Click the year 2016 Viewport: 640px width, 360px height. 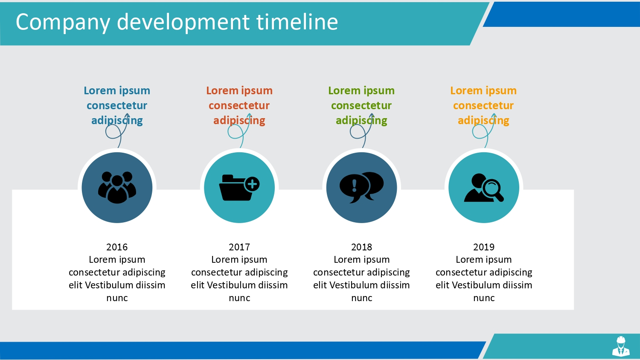click(x=117, y=247)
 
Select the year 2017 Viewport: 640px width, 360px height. click(x=239, y=247)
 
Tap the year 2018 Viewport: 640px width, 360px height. click(x=362, y=247)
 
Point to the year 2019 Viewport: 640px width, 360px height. click(x=484, y=247)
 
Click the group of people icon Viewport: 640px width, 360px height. click(x=117, y=187)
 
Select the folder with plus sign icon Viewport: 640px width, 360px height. click(x=239, y=187)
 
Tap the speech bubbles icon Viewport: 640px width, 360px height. click(x=362, y=187)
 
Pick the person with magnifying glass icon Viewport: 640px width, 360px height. click(x=484, y=188)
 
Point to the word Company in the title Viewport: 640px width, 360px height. click(x=63, y=23)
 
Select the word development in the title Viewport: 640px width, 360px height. click(x=183, y=23)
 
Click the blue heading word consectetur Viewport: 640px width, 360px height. click(x=117, y=106)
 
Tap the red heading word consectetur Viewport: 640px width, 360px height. click(x=239, y=106)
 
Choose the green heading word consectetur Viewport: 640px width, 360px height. click(x=361, y=106)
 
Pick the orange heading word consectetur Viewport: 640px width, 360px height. click(x=483, y=106)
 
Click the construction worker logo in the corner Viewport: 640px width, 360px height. click(x=621, y=346)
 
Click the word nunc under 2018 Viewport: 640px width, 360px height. click(x=362, y=298)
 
